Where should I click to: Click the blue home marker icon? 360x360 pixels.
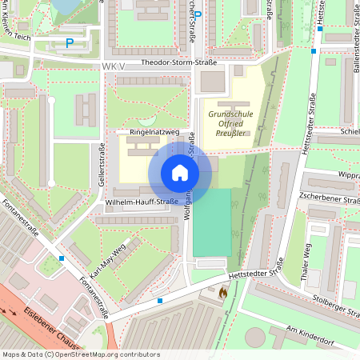180,173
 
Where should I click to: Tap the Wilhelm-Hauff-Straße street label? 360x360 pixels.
141,202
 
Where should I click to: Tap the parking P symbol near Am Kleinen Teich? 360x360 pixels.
70,42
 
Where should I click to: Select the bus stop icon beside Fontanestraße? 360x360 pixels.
62,258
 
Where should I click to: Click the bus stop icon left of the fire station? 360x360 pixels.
160,301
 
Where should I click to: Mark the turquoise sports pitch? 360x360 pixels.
211,222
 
